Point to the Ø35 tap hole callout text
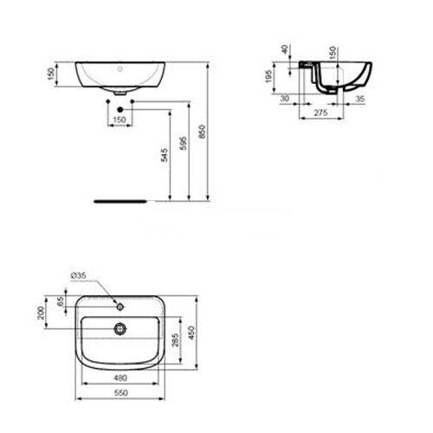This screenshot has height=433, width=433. point(79,276)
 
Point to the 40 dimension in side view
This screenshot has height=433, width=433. point(287,49)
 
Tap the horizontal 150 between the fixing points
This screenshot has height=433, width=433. point(120,119)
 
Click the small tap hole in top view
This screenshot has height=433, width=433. point(120,305)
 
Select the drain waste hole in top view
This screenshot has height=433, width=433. point(120,328)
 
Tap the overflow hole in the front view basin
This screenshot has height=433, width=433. point(120,66)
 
